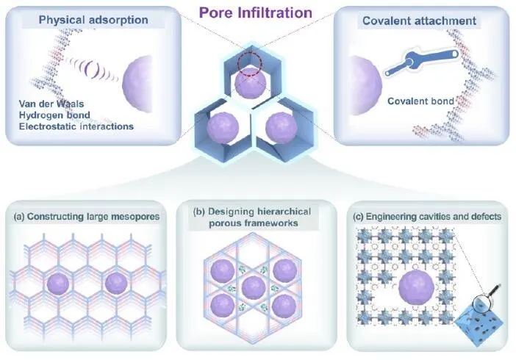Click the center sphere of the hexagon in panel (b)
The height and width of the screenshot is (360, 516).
(254, 286)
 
